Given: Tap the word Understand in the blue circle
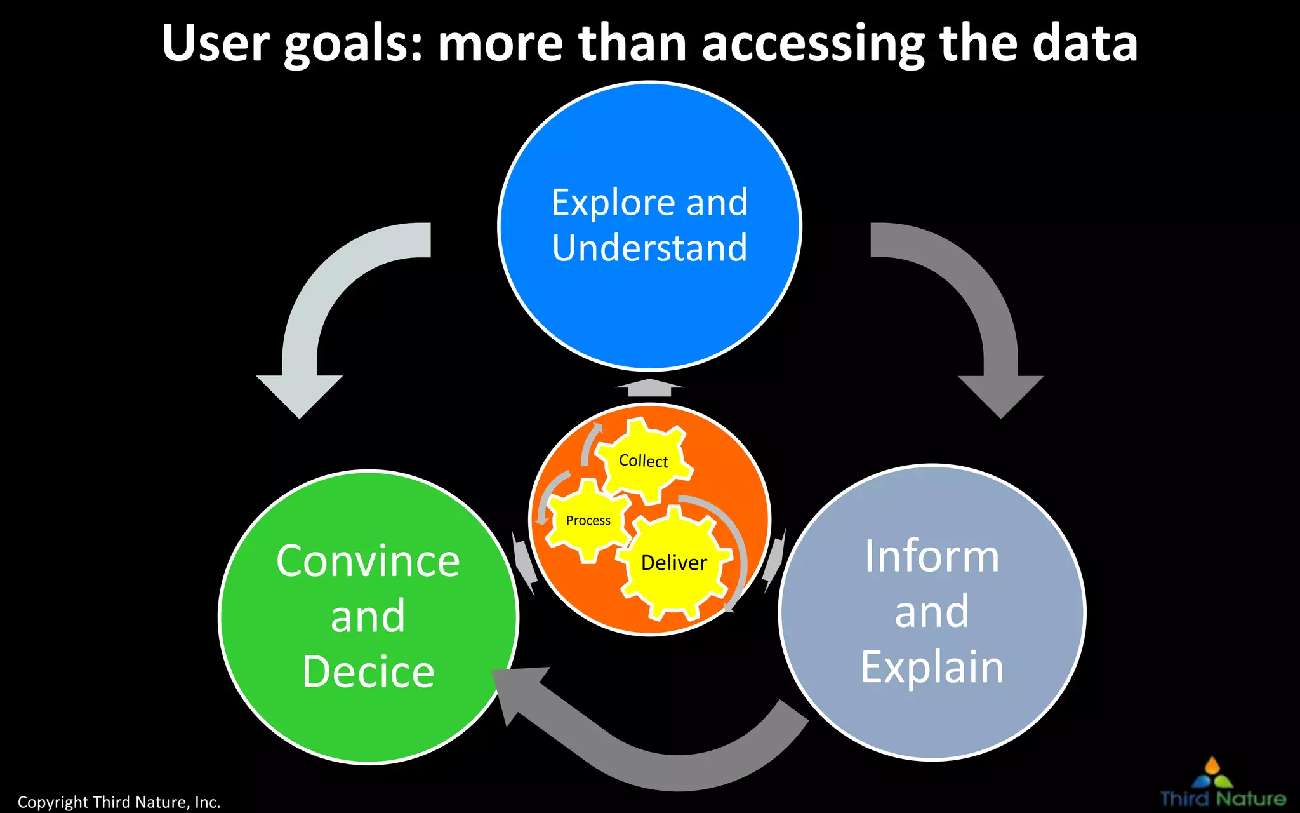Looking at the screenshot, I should [x=649, y=248].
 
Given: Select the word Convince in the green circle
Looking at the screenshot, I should [x=368, y=561].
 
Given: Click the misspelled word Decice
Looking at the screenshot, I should [x=368, y=672].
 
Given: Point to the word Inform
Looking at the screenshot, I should [x=931, y=556].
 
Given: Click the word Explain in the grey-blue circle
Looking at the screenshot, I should [x=931, y=667].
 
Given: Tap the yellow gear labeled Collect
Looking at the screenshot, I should [x=644, y=460].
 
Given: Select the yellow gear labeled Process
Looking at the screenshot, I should [x=588, y=521].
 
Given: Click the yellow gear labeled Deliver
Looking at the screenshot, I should [x=674, y=563].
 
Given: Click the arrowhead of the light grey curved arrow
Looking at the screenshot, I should [x=300, y=394].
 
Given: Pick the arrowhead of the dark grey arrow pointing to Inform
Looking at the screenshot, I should [x=1000, y=394].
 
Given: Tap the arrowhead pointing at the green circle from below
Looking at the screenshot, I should [x=517, y=692].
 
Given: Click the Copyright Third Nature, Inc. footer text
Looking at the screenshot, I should [x=119, y=802].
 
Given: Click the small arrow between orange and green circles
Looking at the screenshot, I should [x=524, y=561].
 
